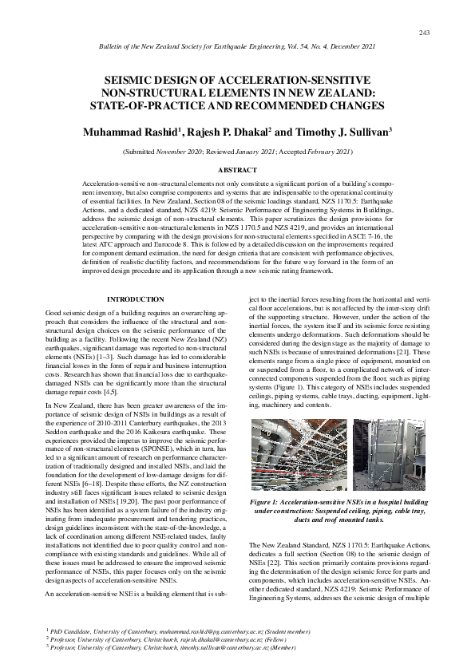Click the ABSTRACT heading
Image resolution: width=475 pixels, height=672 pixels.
tap(237, 170)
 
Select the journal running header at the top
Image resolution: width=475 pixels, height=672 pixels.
tap(237, 49)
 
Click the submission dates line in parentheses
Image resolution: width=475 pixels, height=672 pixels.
tap(237, 151)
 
